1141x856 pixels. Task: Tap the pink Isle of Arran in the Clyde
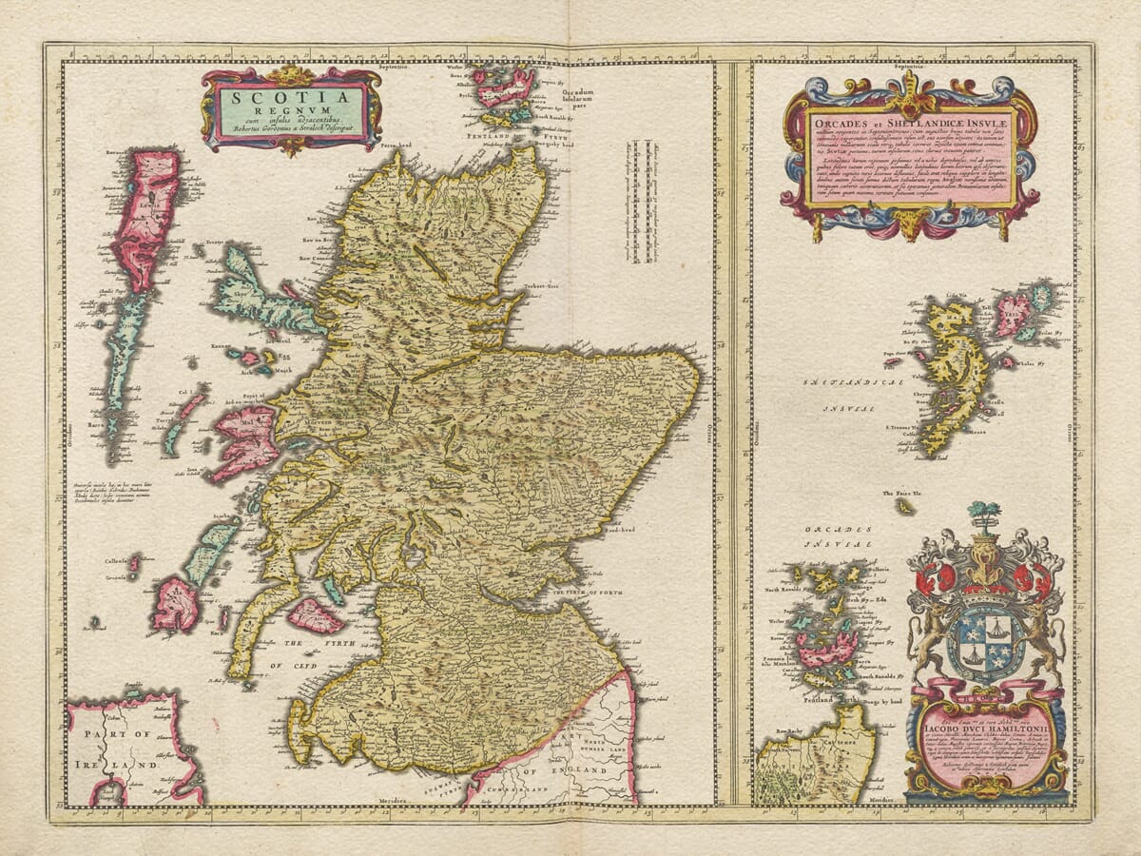click(316, 616)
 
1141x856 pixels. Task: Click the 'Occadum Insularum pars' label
click(586, 98)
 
